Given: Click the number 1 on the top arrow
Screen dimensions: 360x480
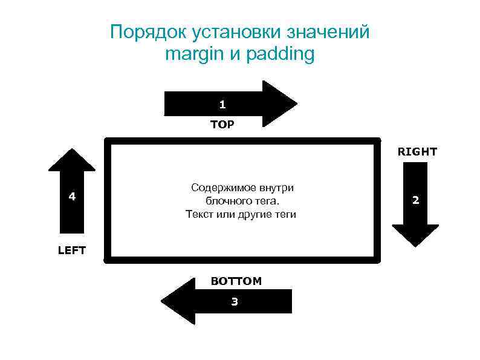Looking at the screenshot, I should pyautogui.click(x=222, y=105).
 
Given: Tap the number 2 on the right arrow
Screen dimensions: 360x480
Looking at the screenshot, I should pyautogui.click(x=415, y=200).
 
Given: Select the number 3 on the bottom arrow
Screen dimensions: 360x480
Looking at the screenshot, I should pyautogui.click(x=235, y=301).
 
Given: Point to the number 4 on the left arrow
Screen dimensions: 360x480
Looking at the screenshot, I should pyautogui.click(x=72, y=196).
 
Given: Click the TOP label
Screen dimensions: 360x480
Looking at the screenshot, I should pyautogui.click(x=222, y=125).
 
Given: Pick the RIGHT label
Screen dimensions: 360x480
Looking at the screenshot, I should pyautogui.click(x=417, y=152).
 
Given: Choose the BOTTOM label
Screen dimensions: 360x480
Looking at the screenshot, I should pyautogui.click(x=236, y=281).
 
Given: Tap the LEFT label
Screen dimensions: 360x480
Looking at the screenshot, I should pyautogui.click(x=72, y=250).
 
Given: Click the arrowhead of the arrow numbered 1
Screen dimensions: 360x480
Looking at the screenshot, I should pyautogui.click(x=279, y=103).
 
